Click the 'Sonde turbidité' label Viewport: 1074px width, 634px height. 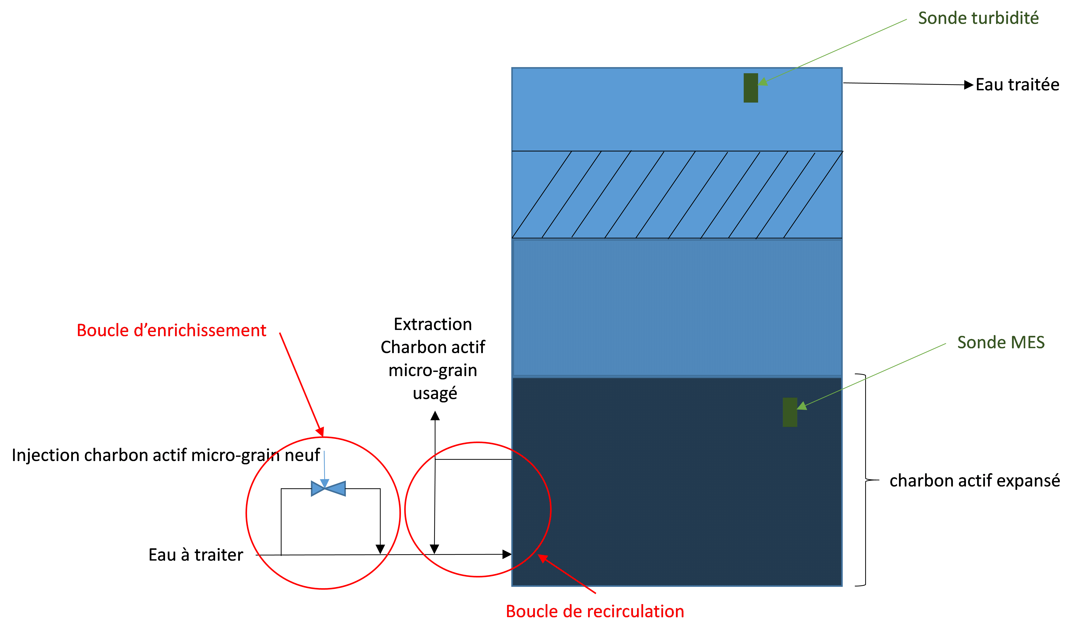coord(978,18)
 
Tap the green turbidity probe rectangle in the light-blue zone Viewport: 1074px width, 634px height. coord(751,88)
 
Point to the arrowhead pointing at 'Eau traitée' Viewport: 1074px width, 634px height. coord(969,85)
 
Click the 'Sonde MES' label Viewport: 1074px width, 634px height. coord(1001,342)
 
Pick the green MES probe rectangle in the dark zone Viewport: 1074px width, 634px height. coord(790,412)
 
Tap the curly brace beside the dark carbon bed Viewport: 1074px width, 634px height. coord(866,480)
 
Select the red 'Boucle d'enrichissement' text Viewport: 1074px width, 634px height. coord(171,330)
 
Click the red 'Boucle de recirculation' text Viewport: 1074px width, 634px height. coord(595,611)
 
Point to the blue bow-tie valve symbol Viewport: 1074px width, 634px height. coord(328,488)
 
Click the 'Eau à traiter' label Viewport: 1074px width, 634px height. coord(196,555)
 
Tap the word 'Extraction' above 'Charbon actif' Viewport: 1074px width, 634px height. coord(433,324)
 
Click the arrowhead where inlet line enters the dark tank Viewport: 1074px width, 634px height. coord(507,555)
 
